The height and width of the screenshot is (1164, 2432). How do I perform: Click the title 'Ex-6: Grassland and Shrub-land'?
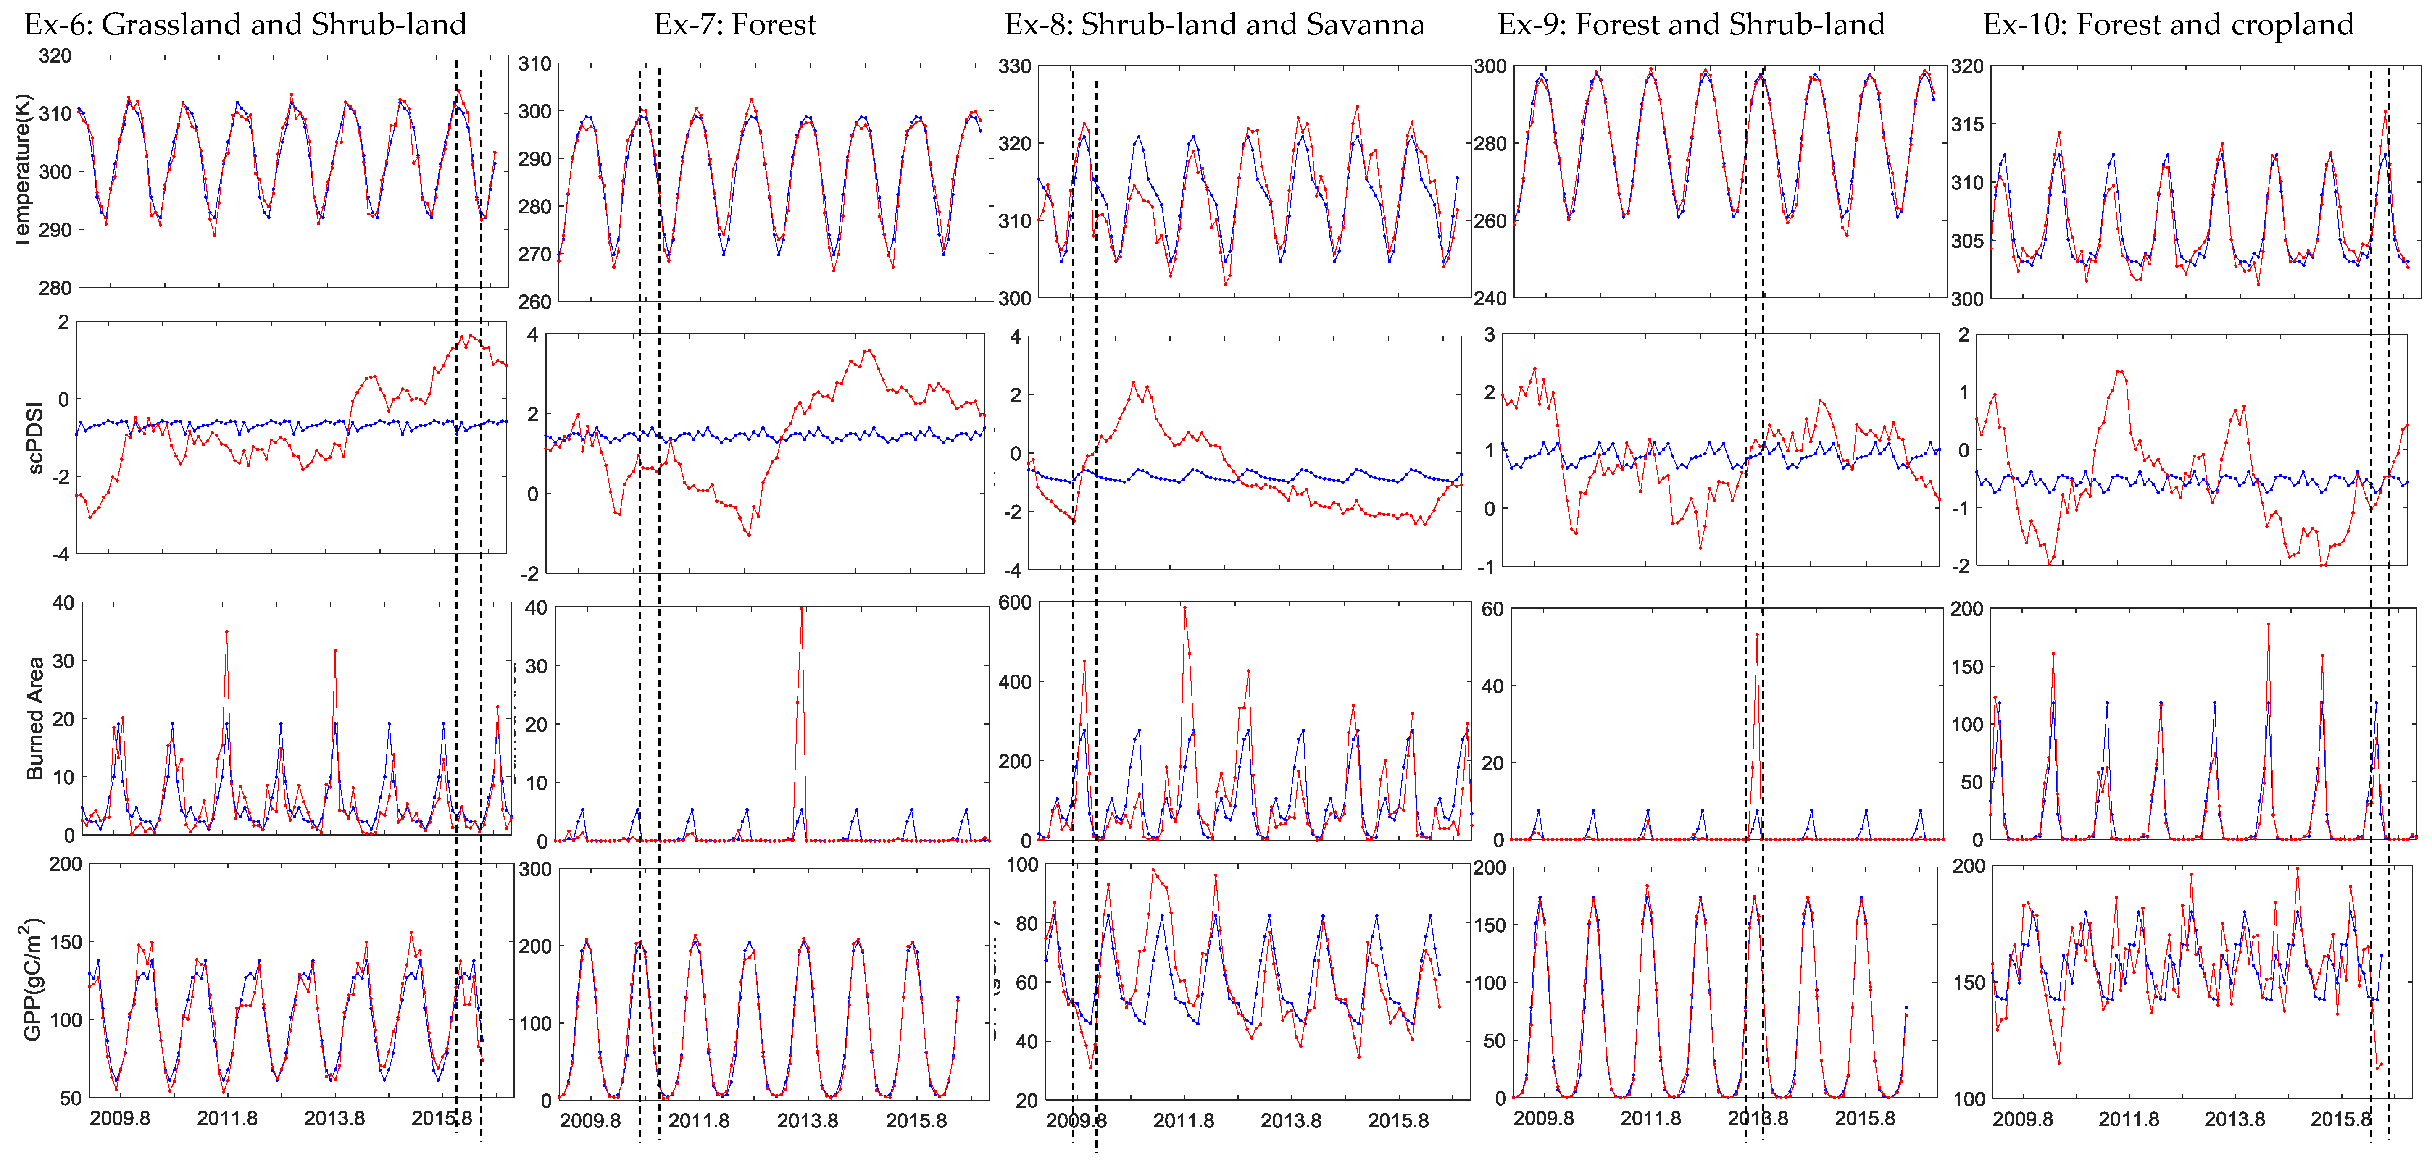tap(245, 24)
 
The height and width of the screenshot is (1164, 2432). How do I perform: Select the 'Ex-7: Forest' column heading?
tap(734, 24)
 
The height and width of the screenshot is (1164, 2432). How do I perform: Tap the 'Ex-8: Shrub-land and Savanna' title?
tap(1214, 24)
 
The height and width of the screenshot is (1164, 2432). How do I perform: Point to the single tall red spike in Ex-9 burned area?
tap(1757, 634)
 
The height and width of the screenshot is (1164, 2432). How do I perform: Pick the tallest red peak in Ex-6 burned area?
tap(226, 631)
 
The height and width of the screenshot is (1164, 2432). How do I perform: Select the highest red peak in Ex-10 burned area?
tap(2269, 624)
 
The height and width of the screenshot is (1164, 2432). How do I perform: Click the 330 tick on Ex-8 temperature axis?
tap(1015, 66)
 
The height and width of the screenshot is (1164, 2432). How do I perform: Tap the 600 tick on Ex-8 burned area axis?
tap(1015, 602)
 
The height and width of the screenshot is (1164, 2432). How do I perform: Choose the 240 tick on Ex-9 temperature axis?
tap(1491, 298)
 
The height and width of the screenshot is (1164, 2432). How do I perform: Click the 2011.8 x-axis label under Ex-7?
tap(699, 1121)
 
